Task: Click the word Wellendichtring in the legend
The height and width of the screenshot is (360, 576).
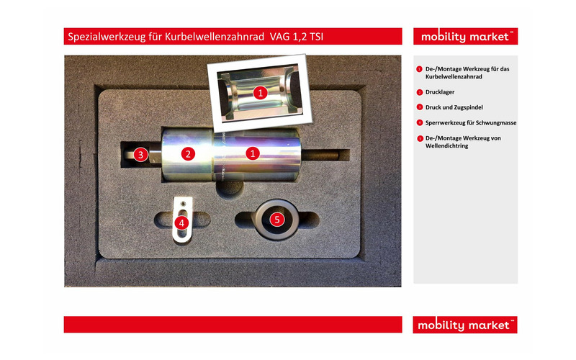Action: pyautogui.click(x=447, y=146)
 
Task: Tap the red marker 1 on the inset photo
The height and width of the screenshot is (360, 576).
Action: pyautogui.click(x=261, y=92)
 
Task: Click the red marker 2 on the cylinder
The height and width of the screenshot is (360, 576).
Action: pyautogui.click(x=189, y=153)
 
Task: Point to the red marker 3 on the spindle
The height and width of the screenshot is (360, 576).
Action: pyautogui.click(x=141, y=153)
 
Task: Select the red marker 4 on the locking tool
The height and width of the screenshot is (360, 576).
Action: pyautogui.click(x=181, y=222)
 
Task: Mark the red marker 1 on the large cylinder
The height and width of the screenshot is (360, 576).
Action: pyautogui.click(x=253, y=153)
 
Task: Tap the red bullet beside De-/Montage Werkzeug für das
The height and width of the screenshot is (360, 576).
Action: pyautogui.click(x=419, y=69)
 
